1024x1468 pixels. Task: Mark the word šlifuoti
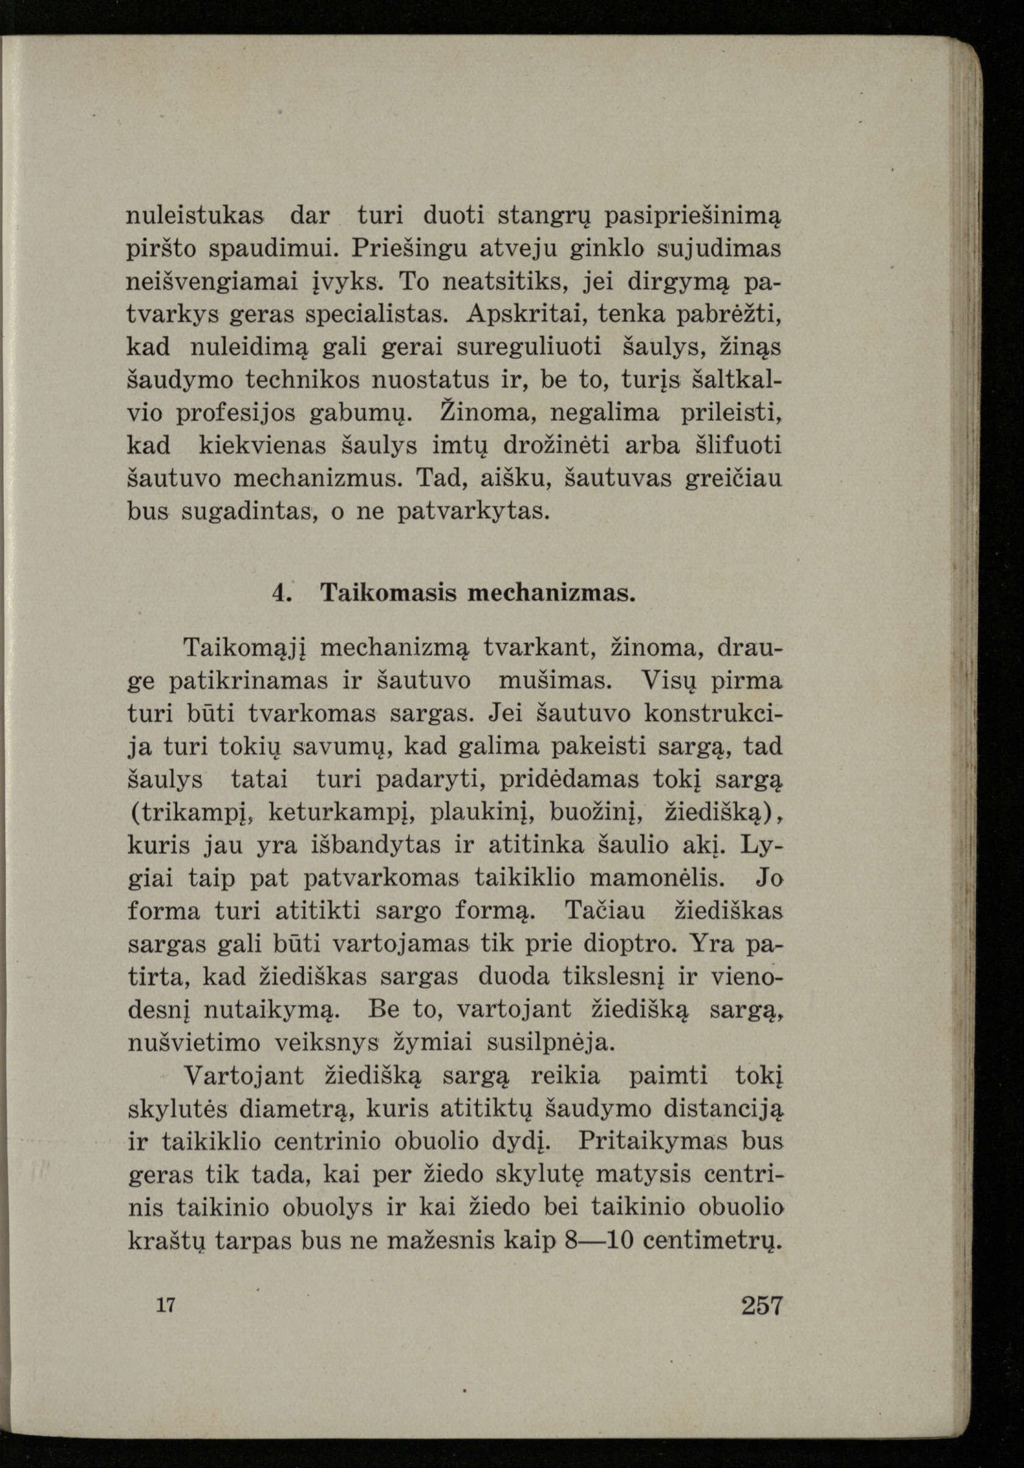[738, 446]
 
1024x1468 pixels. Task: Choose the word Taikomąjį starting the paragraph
[242, 649]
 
